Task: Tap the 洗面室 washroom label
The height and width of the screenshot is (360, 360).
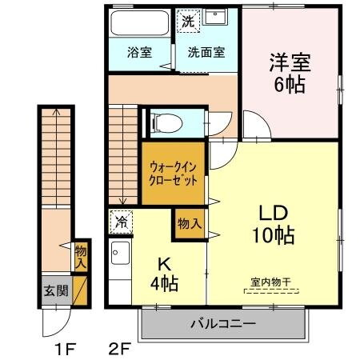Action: (x=206, y=54)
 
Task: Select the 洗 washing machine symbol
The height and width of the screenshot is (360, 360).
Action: (x=187, y=20)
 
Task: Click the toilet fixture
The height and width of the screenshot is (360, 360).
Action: (x=166, y=122)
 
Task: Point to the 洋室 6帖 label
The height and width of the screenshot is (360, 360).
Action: (x=290, y=71)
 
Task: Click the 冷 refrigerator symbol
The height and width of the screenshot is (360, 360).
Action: (x=122, y=220)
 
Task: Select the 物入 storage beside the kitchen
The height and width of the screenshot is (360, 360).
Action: (x=189, y=223)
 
